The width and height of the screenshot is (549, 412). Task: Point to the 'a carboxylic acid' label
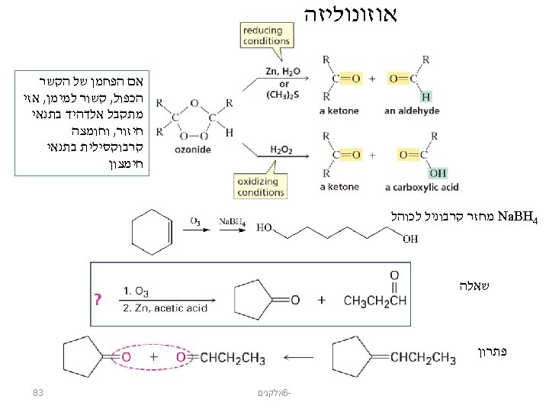click(x=422, y=187)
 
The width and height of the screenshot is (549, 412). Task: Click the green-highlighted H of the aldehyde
click(x=425, y=96)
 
